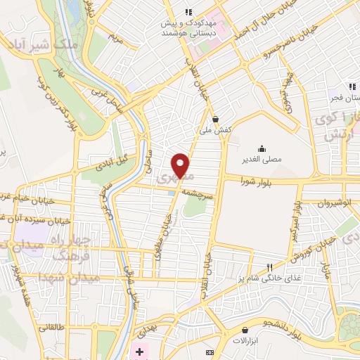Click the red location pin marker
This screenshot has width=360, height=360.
pyautogui.click(x=181, y=165)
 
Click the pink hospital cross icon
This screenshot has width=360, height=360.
pyautogui.click(x=140, y=351)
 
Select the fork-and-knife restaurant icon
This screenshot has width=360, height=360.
pyautogui.click(x=269, y=267)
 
